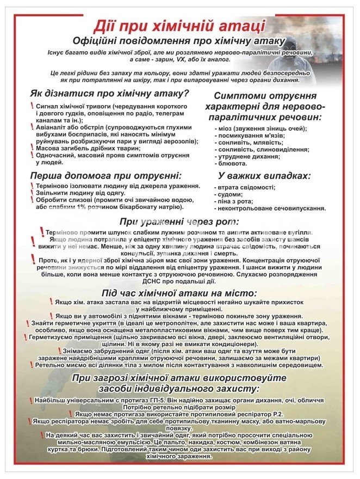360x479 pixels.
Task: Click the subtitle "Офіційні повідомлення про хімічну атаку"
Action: (x=179, y=41)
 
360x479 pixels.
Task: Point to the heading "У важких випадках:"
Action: (x=264, y=176)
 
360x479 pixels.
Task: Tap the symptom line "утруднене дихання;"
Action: (x=247, y=156)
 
